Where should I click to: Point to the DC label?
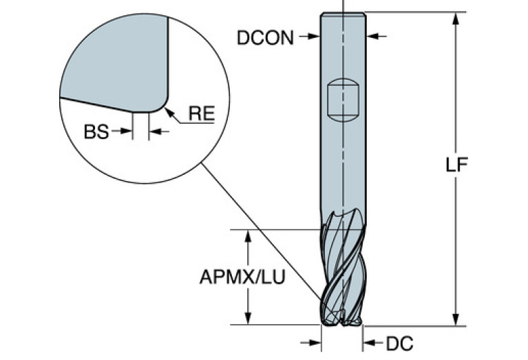point(399,341)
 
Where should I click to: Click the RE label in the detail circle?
point(202,114)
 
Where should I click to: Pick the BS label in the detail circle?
point(96,131)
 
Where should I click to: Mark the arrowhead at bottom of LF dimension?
point(454,319)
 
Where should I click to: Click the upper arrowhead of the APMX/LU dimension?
point(249,235)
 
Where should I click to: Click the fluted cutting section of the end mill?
point(342,272)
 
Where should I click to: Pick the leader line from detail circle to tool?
point(262,234)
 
